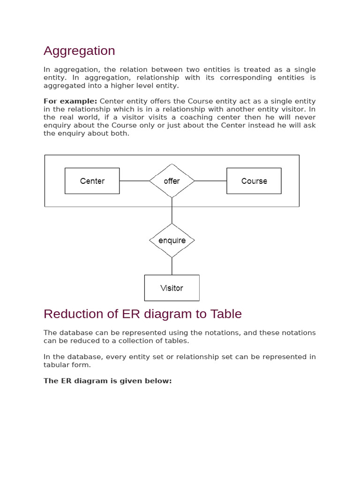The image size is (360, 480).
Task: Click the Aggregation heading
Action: tap(79, 51)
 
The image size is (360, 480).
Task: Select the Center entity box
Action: tap(92, 181)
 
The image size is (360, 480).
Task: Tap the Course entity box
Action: tap(254, 181)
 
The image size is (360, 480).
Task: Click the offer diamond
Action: tap(172, 181)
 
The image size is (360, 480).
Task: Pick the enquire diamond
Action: tap(172, 240)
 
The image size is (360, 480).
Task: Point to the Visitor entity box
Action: tap(172, 288)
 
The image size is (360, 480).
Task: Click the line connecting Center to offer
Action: tap(134, 181)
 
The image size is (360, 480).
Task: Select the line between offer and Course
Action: tap(210, 181)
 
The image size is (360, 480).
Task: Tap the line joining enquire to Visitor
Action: tap(172, 266)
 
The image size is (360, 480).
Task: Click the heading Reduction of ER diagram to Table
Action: tap(142, 314)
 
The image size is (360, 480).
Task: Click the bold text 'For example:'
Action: tap(70, 101)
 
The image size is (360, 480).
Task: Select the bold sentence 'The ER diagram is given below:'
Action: tap(108, 381)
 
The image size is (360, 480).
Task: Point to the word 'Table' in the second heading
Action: tap(227, 314)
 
